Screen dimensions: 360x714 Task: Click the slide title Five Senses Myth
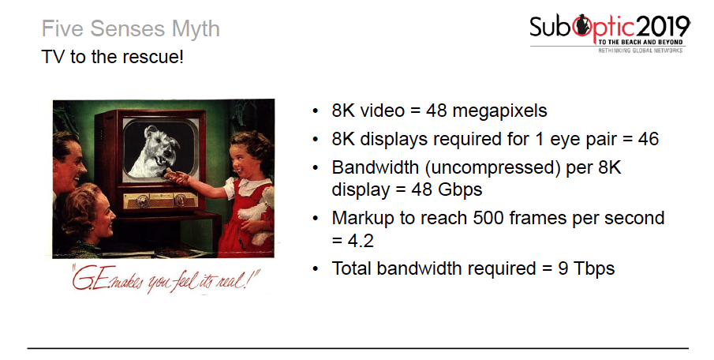click(x=130, y=30)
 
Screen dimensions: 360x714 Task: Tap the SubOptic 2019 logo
click(x=609, y=30)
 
